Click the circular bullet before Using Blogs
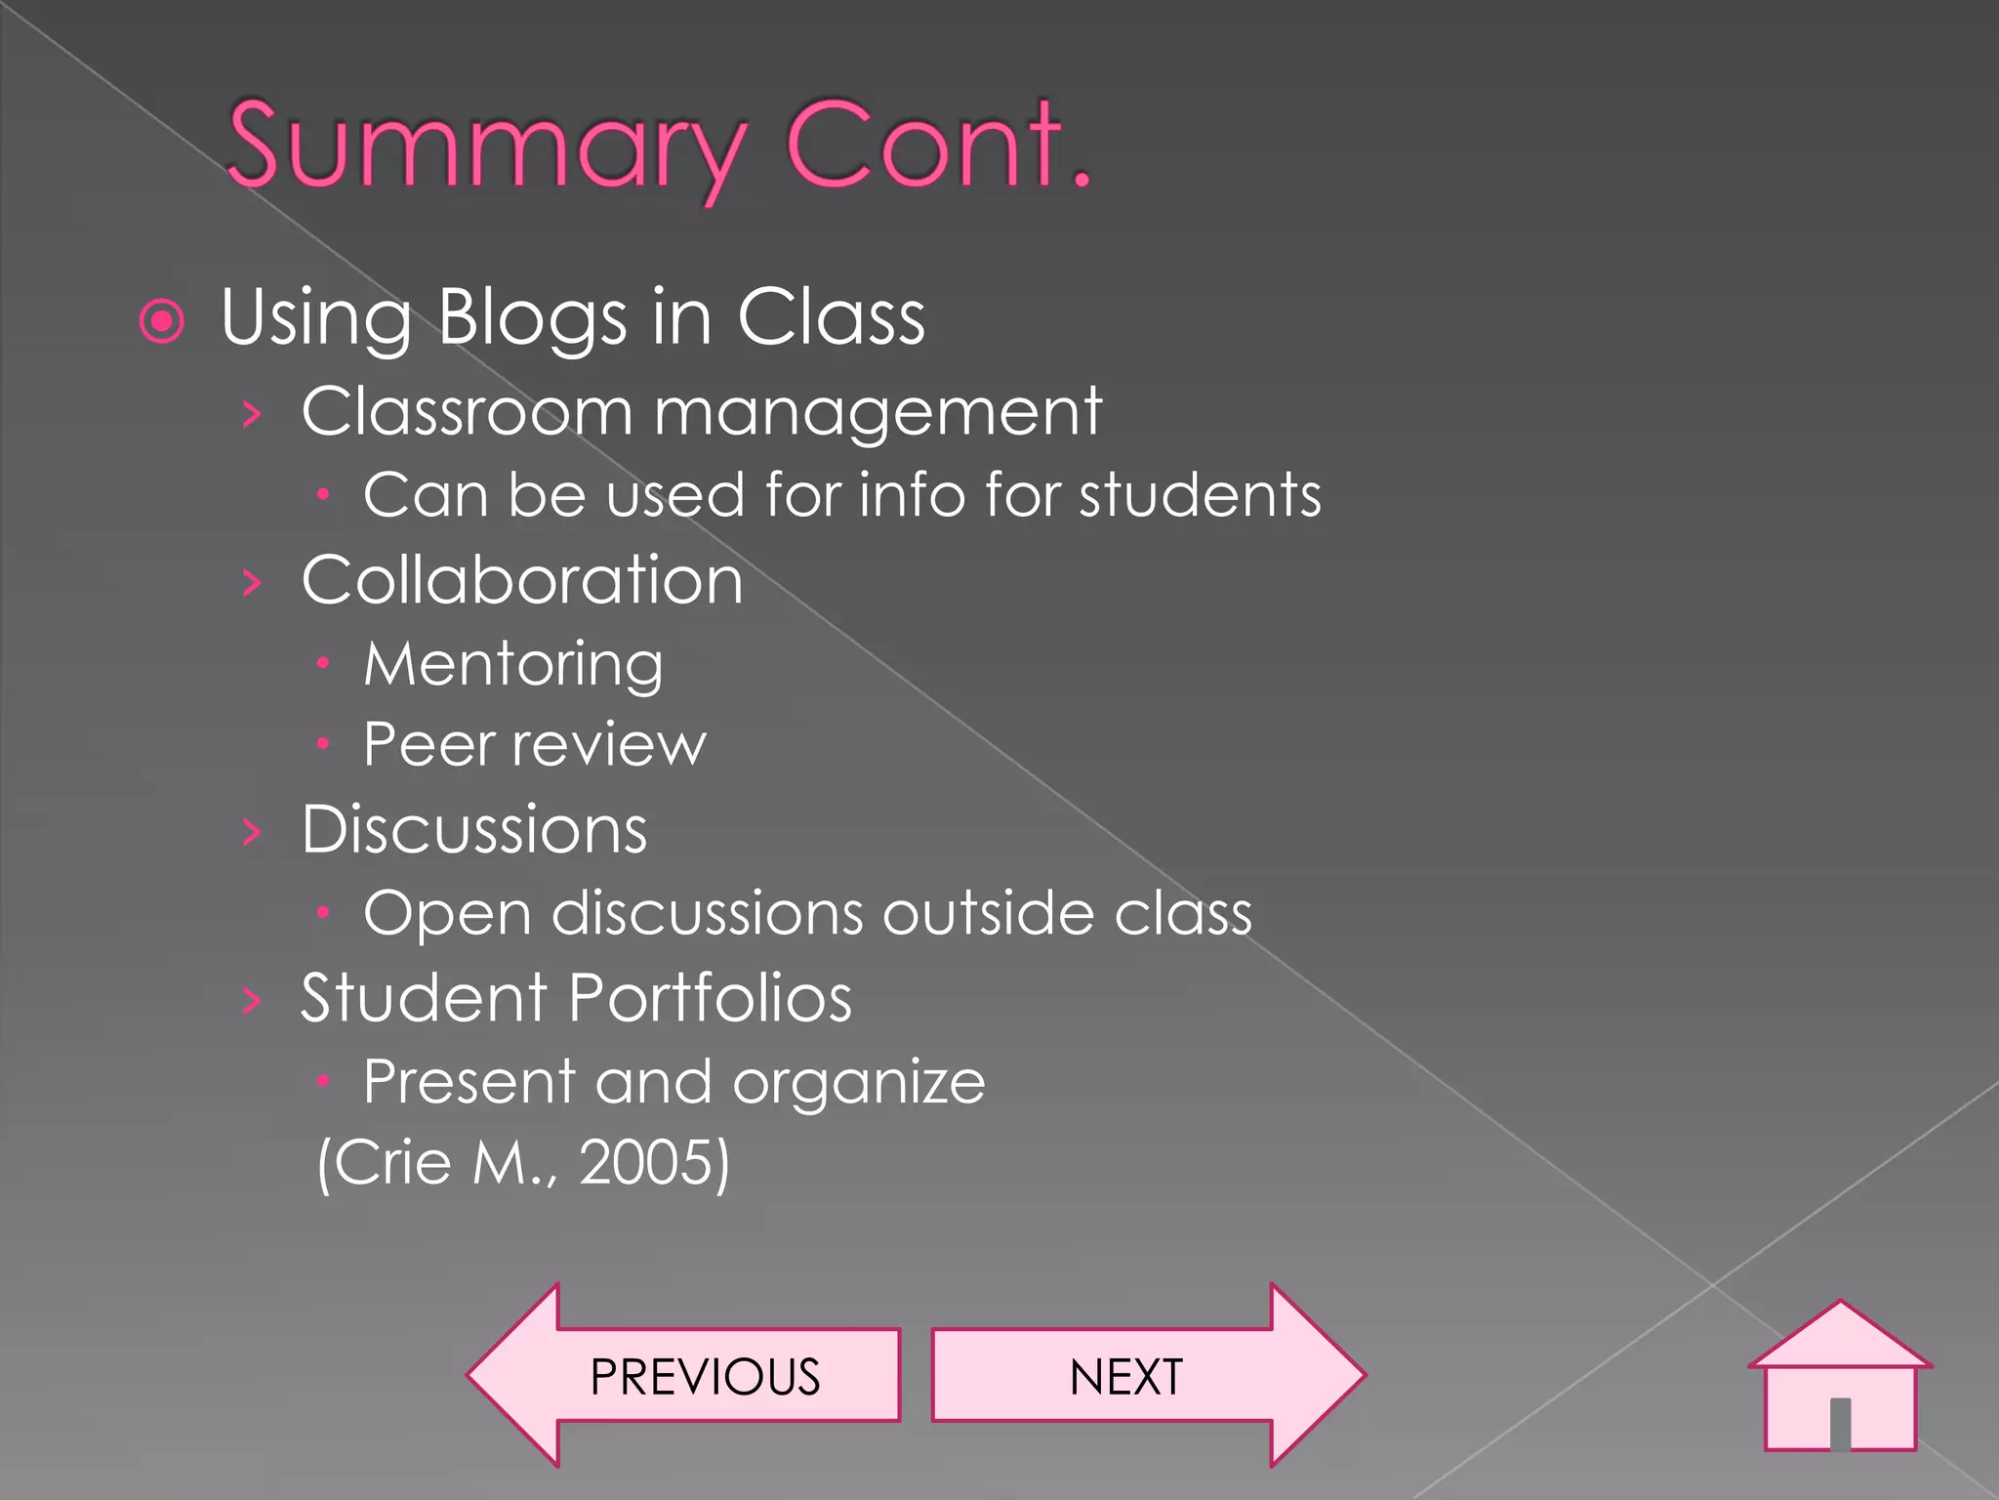[162, 321]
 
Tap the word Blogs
[532, 318]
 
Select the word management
[877, 412]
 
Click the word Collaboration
[522, 580]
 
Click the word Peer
[429, 745]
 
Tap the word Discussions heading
[474, 830]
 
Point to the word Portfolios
[711, 998]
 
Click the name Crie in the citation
[395, 1162]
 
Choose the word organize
[859, 1083]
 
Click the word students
[1200, 495]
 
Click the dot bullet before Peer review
[323, 744]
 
